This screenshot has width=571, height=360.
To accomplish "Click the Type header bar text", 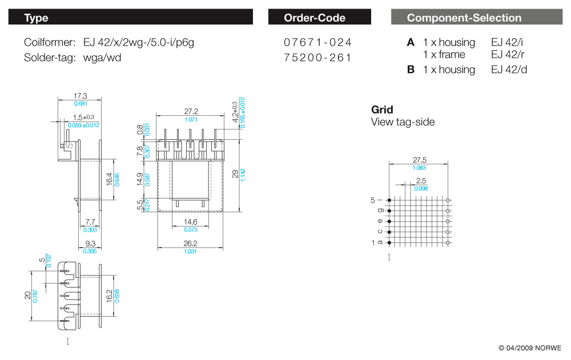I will point(36,18).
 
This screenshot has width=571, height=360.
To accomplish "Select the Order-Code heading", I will point(315,18).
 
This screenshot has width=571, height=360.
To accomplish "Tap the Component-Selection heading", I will point(464,18).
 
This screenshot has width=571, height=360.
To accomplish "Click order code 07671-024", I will point(318,42).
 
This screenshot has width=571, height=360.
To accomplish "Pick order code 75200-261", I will point(318,57).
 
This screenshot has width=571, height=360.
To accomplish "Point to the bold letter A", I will point(411,42).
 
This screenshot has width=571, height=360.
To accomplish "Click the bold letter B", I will point(411,70).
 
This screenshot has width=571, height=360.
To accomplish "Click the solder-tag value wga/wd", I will point(102,57).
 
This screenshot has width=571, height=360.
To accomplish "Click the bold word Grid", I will point(382,110).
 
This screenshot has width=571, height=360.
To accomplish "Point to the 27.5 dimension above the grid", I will point(420,160).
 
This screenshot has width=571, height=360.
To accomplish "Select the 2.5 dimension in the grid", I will point(421,181).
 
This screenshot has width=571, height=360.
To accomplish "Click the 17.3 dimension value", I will point(81,96).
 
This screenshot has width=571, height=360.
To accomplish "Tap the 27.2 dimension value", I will point(191,111).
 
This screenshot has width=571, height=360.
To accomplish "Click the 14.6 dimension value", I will point(191,222).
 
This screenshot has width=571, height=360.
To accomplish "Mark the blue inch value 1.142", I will point(243,174).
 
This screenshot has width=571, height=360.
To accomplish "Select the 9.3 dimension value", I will point(90,243).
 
